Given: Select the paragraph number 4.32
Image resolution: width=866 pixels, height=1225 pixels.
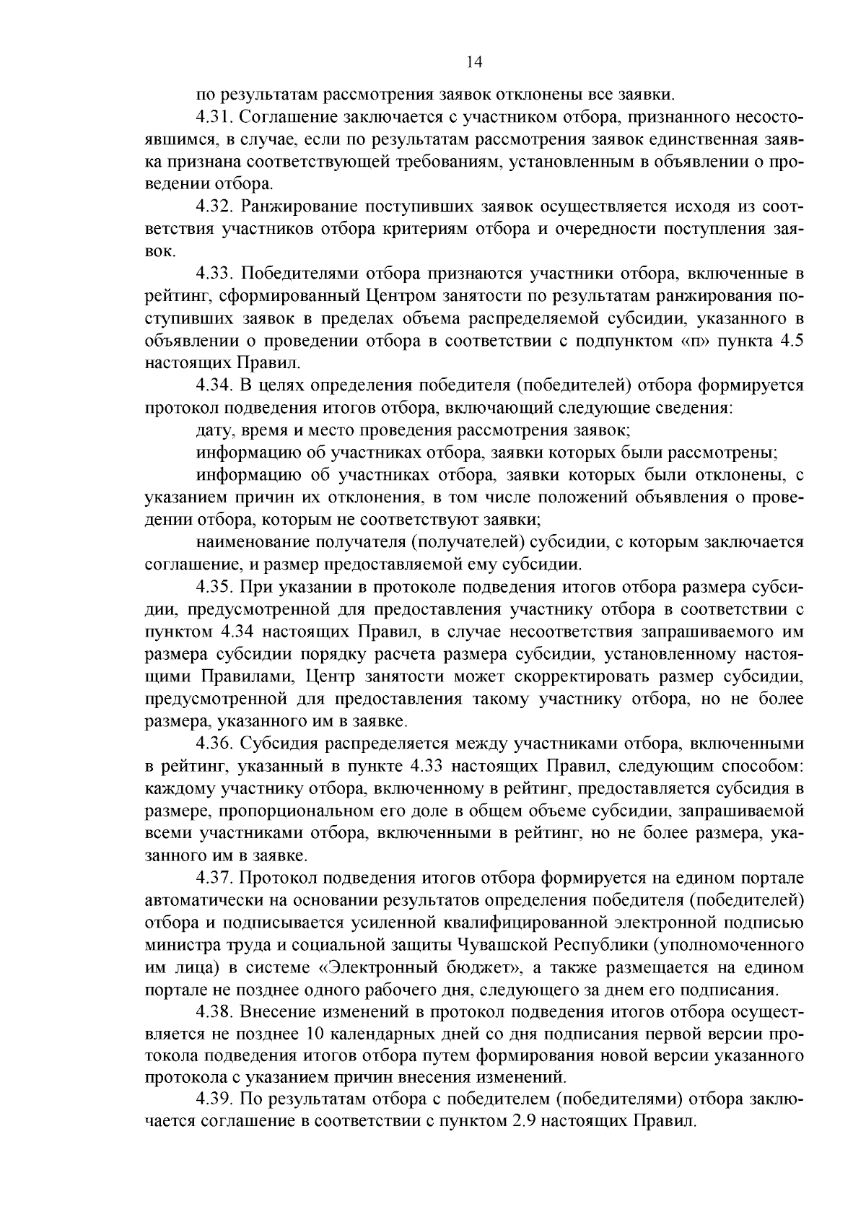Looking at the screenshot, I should coord(214,207).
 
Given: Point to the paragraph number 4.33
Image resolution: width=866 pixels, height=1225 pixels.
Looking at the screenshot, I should coord(214,274).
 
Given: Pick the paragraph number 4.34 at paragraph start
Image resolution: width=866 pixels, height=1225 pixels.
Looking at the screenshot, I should coord(214,387).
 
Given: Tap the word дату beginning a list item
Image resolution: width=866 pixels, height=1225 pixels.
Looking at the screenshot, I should coord(211,432).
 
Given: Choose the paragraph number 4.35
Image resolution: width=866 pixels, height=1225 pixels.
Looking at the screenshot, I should coord(214,587).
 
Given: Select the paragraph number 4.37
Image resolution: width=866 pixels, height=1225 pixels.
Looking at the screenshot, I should coord(214,879).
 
